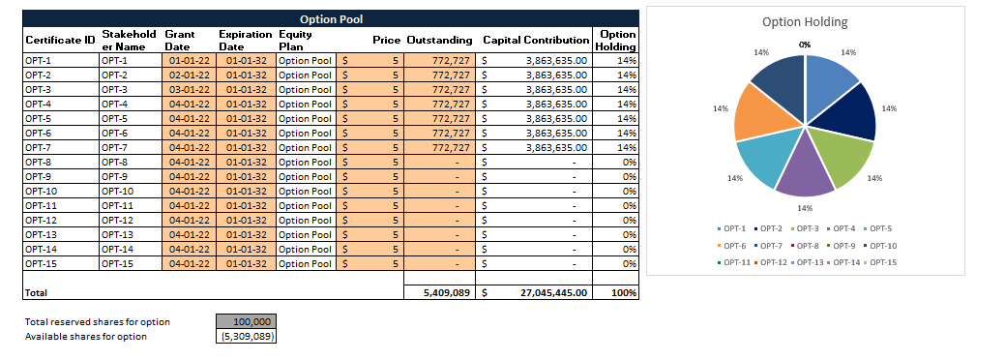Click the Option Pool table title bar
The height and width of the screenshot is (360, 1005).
tap(331, 18)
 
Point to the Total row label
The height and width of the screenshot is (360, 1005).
tap(36, 291)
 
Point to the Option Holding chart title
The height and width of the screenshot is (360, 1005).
tap(804, 21)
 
